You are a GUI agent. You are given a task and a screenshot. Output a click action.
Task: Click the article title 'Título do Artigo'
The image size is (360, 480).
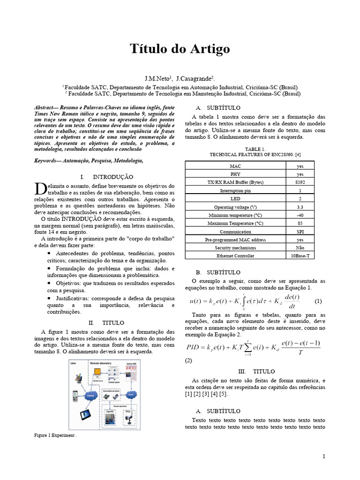point(180,49)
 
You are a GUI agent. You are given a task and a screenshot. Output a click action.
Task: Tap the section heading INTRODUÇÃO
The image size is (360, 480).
point(113,177)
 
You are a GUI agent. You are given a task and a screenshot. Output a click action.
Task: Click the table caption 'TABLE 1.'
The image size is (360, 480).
point(249,149)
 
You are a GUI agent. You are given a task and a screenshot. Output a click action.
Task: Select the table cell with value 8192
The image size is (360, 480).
point(300,181)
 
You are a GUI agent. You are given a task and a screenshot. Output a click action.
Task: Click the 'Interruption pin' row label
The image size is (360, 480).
point(235,190)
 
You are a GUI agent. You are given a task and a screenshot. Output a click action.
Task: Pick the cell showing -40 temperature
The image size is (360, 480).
point(300,215)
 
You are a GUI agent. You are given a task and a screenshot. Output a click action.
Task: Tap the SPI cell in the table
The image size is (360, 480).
point(300,232)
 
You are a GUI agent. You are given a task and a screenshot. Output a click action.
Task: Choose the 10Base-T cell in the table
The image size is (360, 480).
point(300,256)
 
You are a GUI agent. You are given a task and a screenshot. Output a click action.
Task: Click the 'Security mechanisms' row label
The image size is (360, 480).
point(235,247)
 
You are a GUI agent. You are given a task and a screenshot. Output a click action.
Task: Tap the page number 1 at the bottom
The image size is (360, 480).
point(323,456)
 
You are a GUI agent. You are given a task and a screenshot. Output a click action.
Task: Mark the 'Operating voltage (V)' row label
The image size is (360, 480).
point(235,207)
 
